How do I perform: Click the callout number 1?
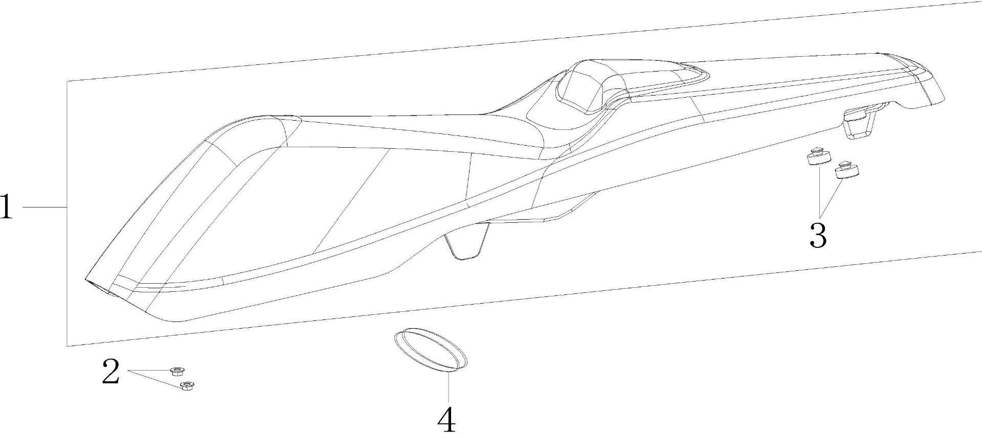pos(7,207)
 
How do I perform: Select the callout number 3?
pos(818,235)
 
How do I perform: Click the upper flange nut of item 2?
pos(177,370)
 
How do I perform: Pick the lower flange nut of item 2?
pos(187,386)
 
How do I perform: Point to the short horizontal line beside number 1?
pos(45,207)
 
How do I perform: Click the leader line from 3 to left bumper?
pos(819,189)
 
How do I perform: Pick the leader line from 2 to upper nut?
pos(149,370)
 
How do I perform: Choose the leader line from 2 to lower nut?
pos(153,378)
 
